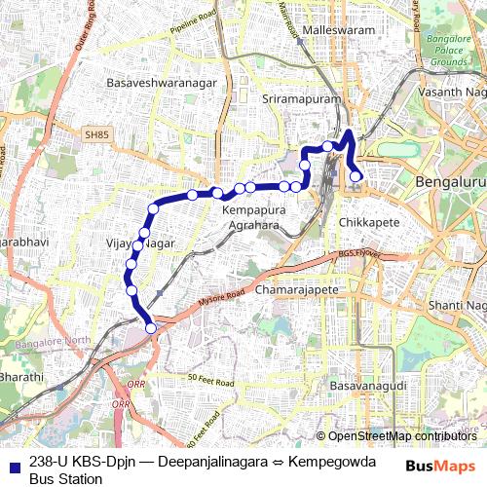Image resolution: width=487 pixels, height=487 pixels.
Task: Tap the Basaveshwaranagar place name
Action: tap(162, 83)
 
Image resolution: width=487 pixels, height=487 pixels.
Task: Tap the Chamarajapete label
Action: tap(296, 290)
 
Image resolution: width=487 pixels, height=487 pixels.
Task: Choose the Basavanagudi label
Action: tap(367, 387)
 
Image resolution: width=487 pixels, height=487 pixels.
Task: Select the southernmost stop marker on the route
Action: tap(151, 328)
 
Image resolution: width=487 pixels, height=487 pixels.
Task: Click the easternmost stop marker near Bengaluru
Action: tap(356, 176)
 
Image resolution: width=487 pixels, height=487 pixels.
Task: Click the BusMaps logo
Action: tap(440, 466)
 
